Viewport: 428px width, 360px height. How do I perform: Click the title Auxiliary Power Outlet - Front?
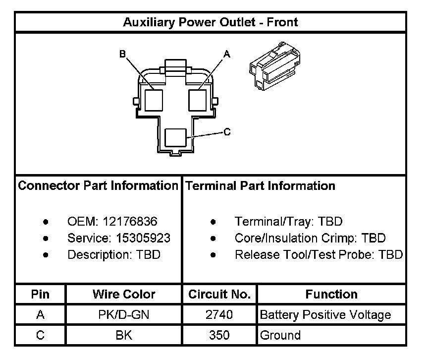[211, 22]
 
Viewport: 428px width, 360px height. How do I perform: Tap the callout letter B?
[122, 54]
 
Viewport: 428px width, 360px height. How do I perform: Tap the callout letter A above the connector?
[227, 54]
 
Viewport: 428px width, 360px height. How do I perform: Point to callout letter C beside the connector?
[227, 132]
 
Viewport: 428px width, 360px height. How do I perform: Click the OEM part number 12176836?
[136, 221]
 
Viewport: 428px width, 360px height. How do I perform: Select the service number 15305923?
[143, 238]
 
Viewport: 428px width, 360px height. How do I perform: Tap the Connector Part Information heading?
[98, 186]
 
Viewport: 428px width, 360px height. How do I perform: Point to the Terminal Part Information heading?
[260, 186]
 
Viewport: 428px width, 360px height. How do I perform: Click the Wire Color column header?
[124, 295]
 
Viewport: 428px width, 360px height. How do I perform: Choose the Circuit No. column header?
[219, 295]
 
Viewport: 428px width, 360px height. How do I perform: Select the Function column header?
[331, 295]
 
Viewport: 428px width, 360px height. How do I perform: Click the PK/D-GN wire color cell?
[124, 315]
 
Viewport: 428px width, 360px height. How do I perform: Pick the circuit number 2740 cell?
[219, 315]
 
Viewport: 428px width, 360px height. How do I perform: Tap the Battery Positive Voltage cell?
[325, 315]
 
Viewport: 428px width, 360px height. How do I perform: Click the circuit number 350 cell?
[219, 335]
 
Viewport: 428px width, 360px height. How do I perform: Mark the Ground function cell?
[280, 335]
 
